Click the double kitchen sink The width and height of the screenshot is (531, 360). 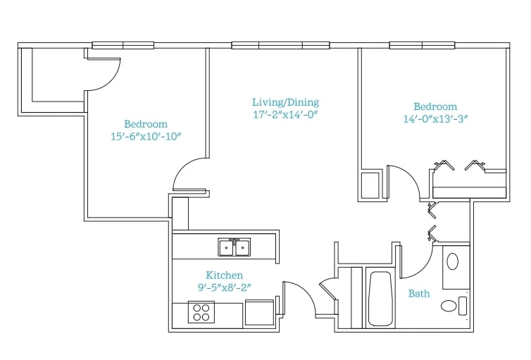[235, 247]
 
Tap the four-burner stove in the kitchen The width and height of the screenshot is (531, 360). [201, 311]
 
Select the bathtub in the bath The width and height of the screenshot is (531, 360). [380, 298]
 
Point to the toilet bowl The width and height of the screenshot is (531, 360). [449, 306]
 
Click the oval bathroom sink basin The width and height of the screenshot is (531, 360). [453, 261]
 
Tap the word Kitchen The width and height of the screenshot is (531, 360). [224, 275]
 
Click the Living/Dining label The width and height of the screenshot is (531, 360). [285, 102]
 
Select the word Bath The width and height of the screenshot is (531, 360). [419, 293]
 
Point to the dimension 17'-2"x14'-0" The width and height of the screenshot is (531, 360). [285, 114]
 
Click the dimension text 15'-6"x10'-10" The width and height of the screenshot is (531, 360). [146, 136]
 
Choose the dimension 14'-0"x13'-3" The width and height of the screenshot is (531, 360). [435, 119]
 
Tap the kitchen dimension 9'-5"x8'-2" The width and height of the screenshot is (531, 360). [224, 287]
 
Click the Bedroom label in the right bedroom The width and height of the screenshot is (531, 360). [435, 106]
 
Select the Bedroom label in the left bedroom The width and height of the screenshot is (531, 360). [146, 124]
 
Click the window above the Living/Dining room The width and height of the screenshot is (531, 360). [280, 45]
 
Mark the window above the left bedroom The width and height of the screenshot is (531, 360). [123, 45]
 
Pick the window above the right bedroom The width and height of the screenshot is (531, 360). [422, 45]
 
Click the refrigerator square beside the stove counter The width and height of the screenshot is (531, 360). [259, 312]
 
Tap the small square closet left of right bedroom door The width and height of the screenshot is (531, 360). [370, 185]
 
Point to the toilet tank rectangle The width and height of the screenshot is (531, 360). [463, 306]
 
